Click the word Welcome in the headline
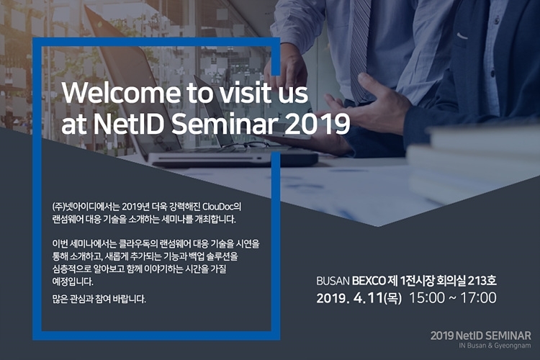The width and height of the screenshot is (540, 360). pyautogui.click(x=120, y=93)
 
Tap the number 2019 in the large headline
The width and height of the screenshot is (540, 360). pyautogui.click(x=318, y=125)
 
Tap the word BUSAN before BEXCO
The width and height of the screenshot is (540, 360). pyautogui.click(x=333, y=281)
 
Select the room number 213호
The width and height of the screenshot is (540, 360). pyautogui.click(x=482, y=281)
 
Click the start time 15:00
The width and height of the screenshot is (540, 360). pyautogui.click(x=427, y=298)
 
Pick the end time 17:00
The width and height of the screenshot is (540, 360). pyautogui.click(x=479, y=298)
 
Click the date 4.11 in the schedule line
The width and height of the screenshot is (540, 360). pyautogui.click(x=368, y=298)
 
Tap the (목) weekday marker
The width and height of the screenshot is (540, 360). pyautogui.click(x=392, y=298)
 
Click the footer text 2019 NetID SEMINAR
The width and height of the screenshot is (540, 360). pyautogui.click(x=481, y=336)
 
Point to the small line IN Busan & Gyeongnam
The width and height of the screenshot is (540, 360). pyautogui.click(x=495, y=346)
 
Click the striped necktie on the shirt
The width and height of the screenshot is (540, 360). pyautogui.click(x=359, y=48)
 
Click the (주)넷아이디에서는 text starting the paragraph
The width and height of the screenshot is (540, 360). pyautogui.click(x=86, y=207)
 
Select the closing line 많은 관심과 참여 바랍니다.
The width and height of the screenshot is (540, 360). pyautogui.click(x=99, y=299)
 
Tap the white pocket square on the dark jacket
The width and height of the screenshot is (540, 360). pyautogui.click(x=462, y=35)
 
